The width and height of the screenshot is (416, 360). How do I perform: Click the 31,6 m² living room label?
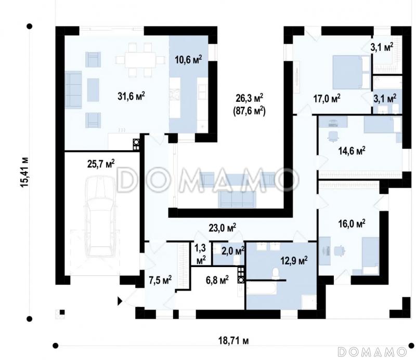pyautogui.click(x=131, y=96)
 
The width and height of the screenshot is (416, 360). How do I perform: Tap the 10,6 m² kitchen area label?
pyautogui.click(x=188, y=59)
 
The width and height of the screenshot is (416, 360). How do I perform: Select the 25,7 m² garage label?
pyautogui.click(x=101, y=164)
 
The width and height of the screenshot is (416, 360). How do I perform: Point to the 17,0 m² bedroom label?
pyautogui.click(x=327, y=99)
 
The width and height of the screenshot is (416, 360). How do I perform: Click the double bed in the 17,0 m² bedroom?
pyautogui.click(x=348, y=72)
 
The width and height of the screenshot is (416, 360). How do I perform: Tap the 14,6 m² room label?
pyautogui.click(x=352, y=151)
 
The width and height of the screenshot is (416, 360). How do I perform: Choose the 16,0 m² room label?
pyautogui.click(x=352, y=223)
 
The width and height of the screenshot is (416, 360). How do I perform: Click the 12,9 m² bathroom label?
pyautogui.click(x=294, y=261)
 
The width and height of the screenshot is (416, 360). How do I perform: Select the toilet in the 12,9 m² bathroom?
pyautogui.click(x=276, y=273)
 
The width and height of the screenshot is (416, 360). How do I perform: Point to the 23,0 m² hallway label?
pyautogui.click(x=223, y=227)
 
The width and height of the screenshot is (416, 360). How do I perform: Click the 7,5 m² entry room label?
pyautogui.click(x=160, y=279)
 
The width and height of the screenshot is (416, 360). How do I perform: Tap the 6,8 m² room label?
pyautogui.click(x=217, y=279)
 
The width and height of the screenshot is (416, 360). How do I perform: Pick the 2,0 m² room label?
pyautogui.click(x=233, y=250)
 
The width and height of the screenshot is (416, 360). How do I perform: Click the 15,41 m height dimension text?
pyautogui.click(x=24, y=172)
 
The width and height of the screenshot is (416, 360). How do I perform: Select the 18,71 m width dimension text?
pyautogui.click(x=233, y=340)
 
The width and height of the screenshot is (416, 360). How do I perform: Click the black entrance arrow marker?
pyautogui.click(x=120, y=301)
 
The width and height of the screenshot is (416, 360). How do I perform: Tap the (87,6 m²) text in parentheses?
pyautogui.click(x=249, y=111)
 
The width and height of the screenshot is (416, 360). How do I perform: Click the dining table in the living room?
pyautogui.click(x=140, y=60)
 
